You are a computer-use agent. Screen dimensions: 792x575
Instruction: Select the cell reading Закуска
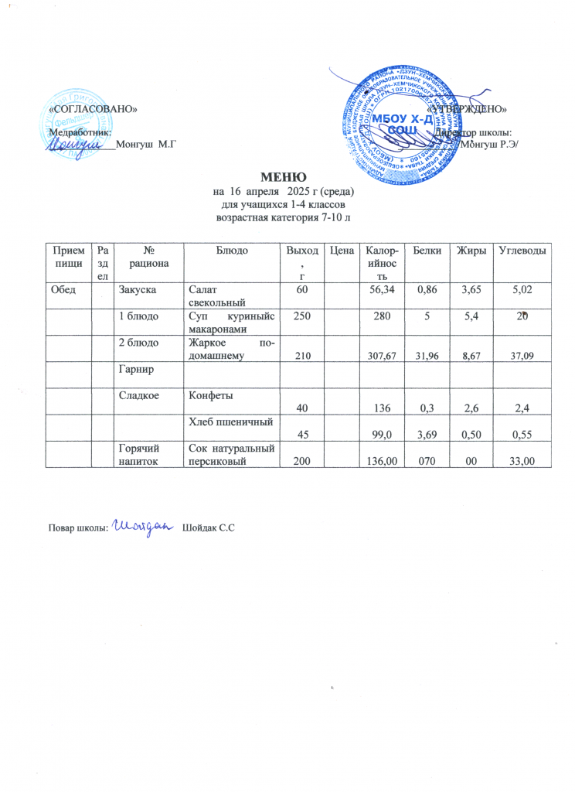(x=136, y=288)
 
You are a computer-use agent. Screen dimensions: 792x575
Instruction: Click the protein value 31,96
(x=424, y=355)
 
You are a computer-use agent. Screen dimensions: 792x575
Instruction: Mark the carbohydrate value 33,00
(x=523, y=462)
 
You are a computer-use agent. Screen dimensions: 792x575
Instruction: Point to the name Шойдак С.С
(x=207, y=527)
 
